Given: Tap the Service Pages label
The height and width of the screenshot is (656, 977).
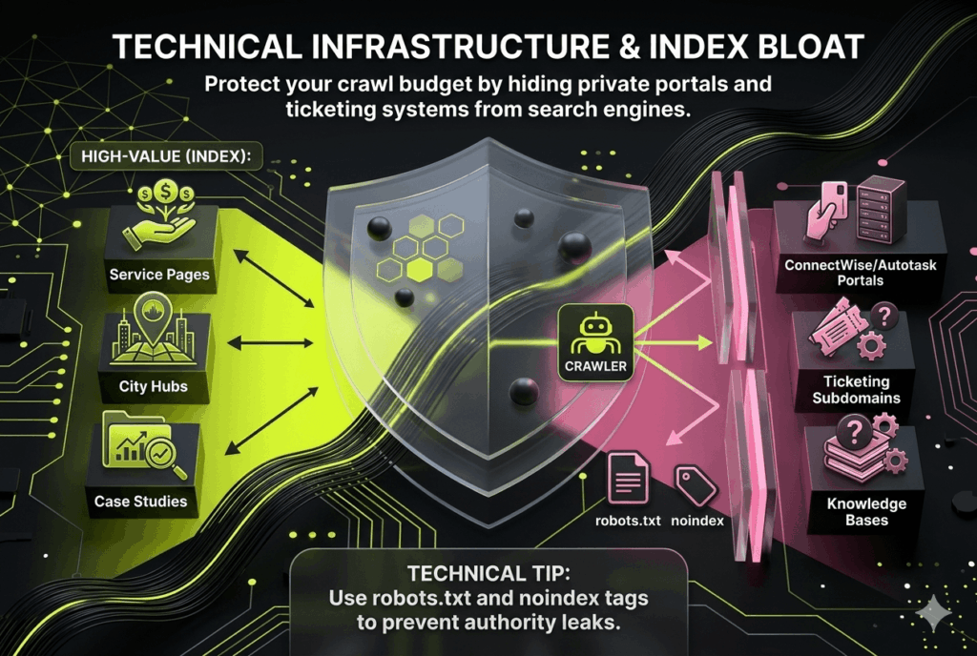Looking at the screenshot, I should coord(159,275).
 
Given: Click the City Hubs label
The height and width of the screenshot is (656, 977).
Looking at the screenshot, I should coord(154,387).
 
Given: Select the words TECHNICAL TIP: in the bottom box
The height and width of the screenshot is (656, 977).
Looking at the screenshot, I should coord(488,575).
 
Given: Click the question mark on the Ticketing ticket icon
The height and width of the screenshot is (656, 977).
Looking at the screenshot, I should coord(882,316).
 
